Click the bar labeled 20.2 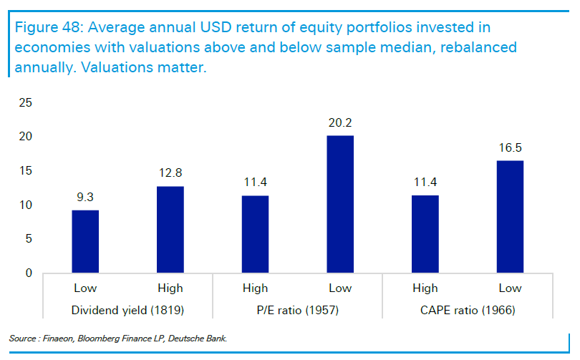[x=339, y=204]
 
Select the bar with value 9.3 [x=85, y=241]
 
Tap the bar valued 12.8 [x=170, y=229]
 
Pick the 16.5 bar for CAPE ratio [x=509, y=217]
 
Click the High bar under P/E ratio [x=255, y=234]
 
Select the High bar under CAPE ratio [x=425, y=234]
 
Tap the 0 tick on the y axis [x=29, y=273]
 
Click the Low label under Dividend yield [x=85, y=288]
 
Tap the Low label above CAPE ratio [x=509, y=288]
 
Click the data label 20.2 [x=339, y=123]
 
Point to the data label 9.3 [x=85, y=198]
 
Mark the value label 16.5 [x=509, y=148]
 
